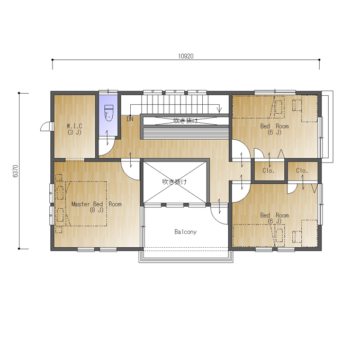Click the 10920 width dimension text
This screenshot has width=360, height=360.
pos(186,56)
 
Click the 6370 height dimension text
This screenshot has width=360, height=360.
pos(15,171)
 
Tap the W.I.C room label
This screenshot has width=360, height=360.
pos(75,129)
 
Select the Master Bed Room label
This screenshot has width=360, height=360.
pos(96,207)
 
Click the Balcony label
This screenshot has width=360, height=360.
pos(185,232)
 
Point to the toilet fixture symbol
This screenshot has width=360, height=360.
pos(109,113)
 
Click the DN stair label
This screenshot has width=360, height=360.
pos(130,119)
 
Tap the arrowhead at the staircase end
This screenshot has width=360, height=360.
pos(220,111)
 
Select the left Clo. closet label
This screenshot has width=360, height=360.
pos(268,170)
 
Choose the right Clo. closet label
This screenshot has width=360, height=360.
pos(302,170)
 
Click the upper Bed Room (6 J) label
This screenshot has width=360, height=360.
pos(274,129)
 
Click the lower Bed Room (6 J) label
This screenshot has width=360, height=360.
pos(274,218)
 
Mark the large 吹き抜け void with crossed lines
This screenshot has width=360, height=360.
pos(175,182)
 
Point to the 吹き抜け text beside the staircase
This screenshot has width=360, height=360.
pos(185,121)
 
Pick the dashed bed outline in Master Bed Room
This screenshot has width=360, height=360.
pos(86,204)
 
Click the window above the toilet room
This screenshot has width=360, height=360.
pos(108,92)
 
